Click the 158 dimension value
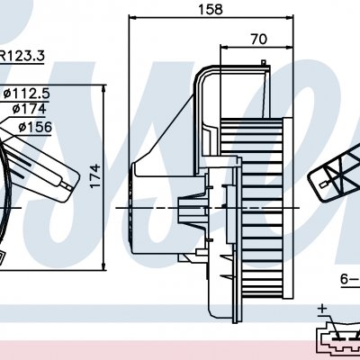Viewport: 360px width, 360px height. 211,10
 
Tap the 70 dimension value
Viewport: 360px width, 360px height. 258,40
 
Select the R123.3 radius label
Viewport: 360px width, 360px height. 22,56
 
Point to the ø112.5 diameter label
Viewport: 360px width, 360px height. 26,94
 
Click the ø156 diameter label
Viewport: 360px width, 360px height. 35,127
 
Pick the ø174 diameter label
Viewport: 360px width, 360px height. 29,109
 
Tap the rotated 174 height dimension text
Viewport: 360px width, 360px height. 95,175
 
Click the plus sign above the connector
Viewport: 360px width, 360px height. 323,308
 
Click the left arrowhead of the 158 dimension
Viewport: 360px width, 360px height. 132,18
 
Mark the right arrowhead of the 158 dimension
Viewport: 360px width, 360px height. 289,18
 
